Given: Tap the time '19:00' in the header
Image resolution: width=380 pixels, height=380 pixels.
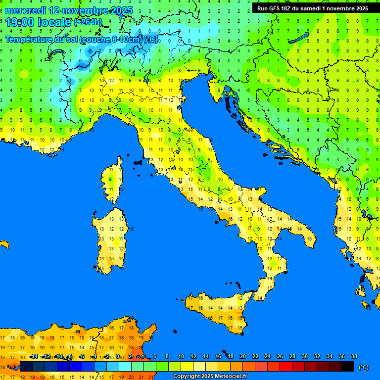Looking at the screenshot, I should pos(19,22).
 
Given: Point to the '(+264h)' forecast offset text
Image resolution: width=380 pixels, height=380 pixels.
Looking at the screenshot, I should pos(88,22).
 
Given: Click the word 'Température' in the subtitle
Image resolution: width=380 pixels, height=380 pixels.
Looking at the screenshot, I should pos(29,40).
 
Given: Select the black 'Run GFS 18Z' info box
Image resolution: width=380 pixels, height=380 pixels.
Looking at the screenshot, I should pos(312,8).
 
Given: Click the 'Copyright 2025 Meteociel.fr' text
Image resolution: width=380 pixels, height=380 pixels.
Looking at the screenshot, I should pos(210,376).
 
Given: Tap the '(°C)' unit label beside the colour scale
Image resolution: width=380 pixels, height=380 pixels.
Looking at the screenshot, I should pos(363,367).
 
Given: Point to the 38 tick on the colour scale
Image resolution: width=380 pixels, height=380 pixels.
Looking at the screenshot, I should pos(354,356).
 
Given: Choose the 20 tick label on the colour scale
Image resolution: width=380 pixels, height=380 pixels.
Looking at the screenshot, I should pos(242,356).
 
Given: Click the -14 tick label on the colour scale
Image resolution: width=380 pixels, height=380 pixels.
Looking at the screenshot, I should pos(34,356).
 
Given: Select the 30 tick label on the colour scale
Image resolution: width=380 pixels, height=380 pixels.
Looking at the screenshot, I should pos(304,356).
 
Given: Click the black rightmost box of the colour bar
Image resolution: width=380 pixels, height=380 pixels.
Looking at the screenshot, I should pos(348,366).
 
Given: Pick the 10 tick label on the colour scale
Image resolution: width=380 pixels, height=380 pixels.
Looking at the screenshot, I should pos(181,356).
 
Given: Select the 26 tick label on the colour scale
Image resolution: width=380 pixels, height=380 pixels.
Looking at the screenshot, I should pos(280,356).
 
